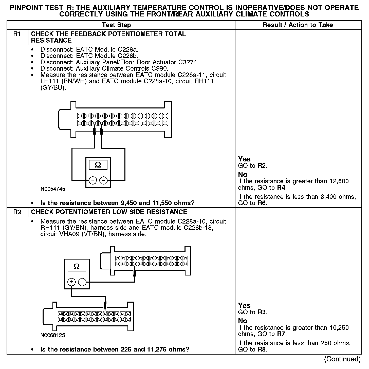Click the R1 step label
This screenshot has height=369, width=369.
tap(17, 34)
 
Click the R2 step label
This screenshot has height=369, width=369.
tap(17, 212)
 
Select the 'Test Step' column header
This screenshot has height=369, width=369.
tap(116, 25)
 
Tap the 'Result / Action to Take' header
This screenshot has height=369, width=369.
tap(298, 25)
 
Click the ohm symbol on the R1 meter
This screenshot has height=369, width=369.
tap(98, 165)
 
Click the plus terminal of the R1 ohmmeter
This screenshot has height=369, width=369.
tap(93, 180)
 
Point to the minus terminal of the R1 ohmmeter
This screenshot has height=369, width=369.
tap(103, 180)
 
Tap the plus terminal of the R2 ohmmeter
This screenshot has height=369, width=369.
tap(72, 282)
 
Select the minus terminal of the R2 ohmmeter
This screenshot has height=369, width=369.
tap(82, 282)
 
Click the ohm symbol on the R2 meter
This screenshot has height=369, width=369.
tap(77, 267)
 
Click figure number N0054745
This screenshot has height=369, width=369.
tap(53, 189)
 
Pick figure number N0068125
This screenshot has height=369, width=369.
tap(53, 335)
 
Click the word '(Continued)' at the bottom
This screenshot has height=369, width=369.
tap(342, 359)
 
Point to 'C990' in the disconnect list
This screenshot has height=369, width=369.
tap(160, 68)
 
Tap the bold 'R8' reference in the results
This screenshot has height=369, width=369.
tap(262, 349)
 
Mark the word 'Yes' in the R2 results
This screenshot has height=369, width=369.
tap(244, 305)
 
